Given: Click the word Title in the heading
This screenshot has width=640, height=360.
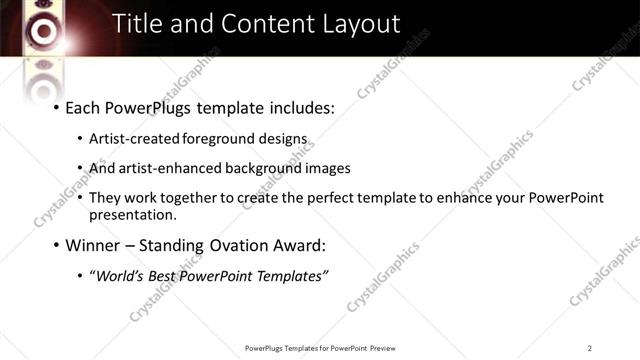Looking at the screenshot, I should [x=136, y=24].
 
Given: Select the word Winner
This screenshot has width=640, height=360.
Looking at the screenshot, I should [x=91, y=245].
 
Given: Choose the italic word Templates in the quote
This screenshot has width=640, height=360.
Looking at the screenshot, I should [x=291, y=276].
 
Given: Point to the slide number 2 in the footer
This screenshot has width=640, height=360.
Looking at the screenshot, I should [x=590, y=347].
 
